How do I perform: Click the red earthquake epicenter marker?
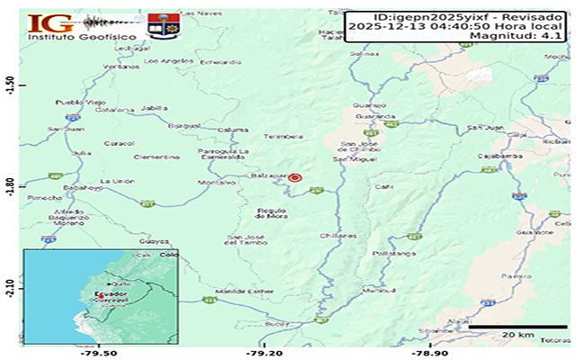point(294,178)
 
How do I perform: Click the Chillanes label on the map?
point(339,235)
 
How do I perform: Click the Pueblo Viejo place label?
point(76,102)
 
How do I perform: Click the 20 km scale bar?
point(519,326)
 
